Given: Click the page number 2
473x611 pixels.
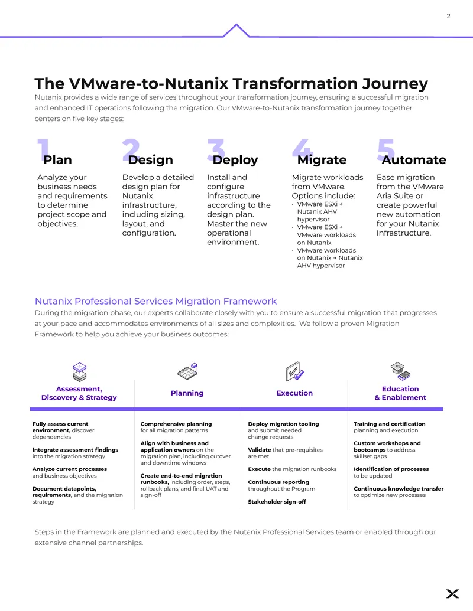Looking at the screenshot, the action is (448, 16).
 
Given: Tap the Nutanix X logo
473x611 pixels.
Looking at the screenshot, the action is (452, 593).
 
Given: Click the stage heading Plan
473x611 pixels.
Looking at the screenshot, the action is (57, 160).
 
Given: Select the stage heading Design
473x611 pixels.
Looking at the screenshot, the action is (150, 160).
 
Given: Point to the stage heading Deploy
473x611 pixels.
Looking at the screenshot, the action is (235, 160).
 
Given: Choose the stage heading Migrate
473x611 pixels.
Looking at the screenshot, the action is (322, 160).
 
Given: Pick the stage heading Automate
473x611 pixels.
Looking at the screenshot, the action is (414, 160).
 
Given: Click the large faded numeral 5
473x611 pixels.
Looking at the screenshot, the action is (386, 149).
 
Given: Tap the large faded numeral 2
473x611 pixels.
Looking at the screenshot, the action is (131, 149).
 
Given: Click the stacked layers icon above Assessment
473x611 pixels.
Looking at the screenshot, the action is (80, 372).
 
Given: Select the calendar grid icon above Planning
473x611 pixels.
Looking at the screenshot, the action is (187, 371).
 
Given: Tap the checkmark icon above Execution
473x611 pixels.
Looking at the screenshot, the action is (294, 371).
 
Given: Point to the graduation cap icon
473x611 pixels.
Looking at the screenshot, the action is (400, 371).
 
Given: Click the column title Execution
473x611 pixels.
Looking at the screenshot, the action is (294, 393).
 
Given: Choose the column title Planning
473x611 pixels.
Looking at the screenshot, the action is (187, 393).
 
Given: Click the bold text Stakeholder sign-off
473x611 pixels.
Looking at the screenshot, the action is (277, 502).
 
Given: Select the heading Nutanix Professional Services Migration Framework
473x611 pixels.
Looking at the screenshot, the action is (155, 301).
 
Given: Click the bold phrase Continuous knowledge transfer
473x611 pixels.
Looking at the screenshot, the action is (399, 489).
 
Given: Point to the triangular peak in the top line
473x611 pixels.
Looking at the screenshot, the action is (236, 25).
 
